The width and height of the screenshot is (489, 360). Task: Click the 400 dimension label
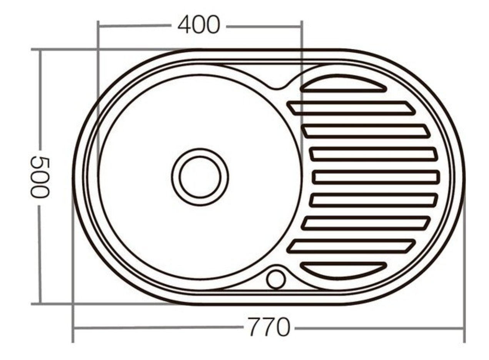[199, 25]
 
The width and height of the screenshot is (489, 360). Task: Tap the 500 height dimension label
[40, 177]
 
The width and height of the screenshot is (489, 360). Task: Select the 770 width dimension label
[269, 327]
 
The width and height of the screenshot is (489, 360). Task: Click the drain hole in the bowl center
[200, 177]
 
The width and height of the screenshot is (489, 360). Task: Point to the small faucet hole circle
[276, 280]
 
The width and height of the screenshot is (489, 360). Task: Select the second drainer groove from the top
[351, 108]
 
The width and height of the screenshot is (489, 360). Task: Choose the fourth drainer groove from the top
[374, 154]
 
